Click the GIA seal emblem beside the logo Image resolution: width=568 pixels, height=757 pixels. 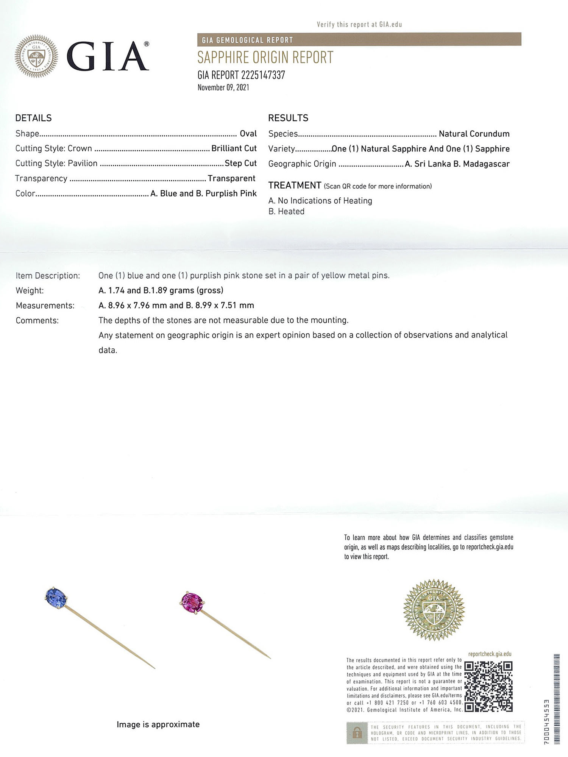36,56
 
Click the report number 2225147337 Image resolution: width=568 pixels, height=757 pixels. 263,75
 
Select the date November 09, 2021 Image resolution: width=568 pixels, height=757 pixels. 223,87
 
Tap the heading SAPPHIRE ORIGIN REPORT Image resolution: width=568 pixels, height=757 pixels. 265,58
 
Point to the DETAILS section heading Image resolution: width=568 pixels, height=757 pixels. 33,118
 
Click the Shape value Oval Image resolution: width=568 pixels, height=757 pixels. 248,133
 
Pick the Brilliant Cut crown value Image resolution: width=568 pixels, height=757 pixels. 234,148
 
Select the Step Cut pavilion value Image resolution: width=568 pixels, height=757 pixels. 240,163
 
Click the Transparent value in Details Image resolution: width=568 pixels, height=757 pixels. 231,178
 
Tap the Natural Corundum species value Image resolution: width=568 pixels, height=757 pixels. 474,134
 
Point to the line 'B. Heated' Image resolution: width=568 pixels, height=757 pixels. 286,211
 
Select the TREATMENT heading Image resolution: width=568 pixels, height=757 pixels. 295,185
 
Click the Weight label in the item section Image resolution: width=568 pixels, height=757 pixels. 30,290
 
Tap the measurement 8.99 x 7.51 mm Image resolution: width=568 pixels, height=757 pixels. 225,305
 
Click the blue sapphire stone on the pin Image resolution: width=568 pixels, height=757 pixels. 56,598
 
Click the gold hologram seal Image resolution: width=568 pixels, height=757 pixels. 434,610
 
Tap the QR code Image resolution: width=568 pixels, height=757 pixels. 488,687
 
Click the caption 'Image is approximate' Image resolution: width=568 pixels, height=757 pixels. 158,724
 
